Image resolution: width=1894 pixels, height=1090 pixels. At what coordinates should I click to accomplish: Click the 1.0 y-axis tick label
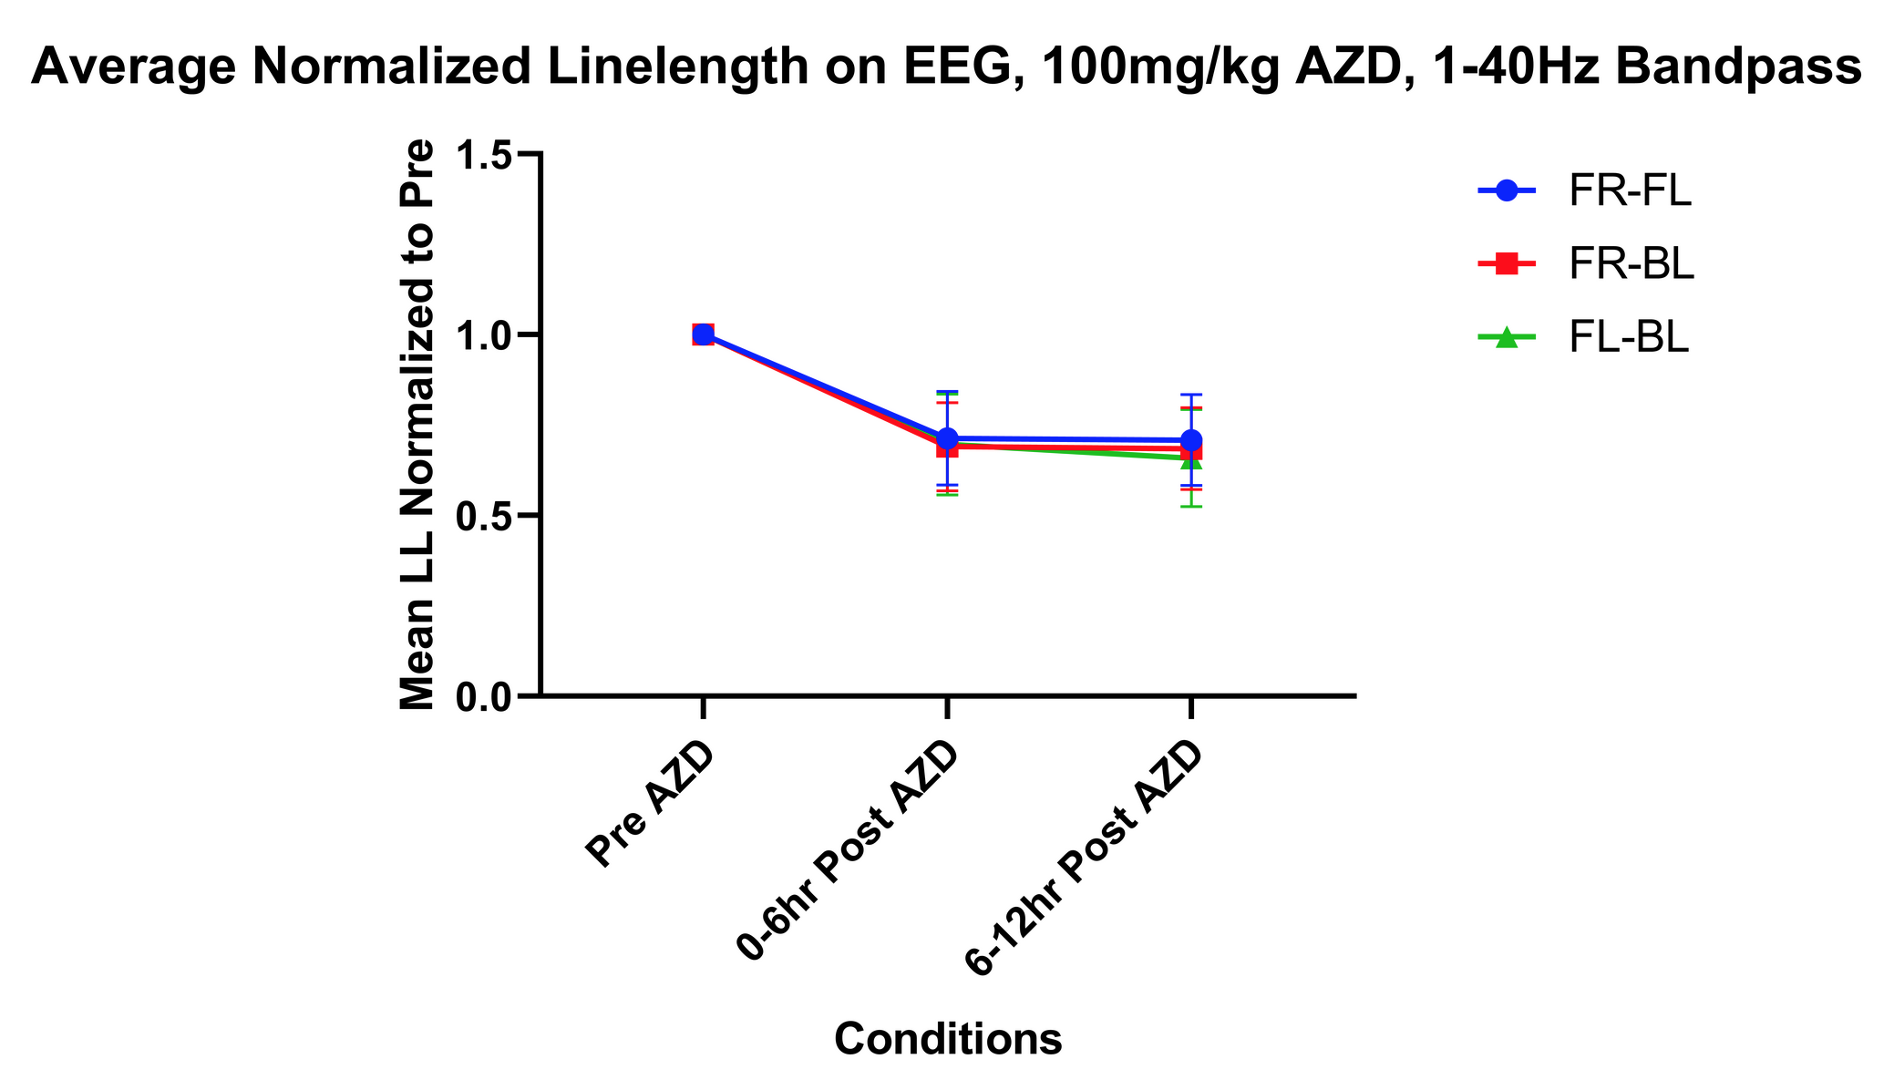click(x=488, y=334)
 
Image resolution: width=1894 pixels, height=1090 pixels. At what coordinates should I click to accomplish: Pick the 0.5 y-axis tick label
click(x=488, y=515)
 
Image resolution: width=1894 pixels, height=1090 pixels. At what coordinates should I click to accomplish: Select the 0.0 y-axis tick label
click(x=488, y=695)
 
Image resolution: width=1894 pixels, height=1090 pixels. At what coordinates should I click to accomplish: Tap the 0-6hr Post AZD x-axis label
click(x=849, y=852)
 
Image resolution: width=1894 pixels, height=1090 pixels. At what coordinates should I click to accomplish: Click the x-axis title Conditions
click(x=948, y=1039)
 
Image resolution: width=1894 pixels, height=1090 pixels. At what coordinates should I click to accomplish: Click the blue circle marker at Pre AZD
click(x=703, y=334)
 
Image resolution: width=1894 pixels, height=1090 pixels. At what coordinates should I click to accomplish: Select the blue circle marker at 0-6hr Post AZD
click(x=947, y=438)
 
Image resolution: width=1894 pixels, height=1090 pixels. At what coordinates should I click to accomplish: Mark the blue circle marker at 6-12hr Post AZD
click(x=1191, y=440)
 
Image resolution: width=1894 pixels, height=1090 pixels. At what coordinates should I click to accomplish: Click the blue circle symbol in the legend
click(x=1507, y=191)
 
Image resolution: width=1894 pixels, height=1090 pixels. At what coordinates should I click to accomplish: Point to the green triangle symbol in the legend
click(x=1507, y=337)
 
